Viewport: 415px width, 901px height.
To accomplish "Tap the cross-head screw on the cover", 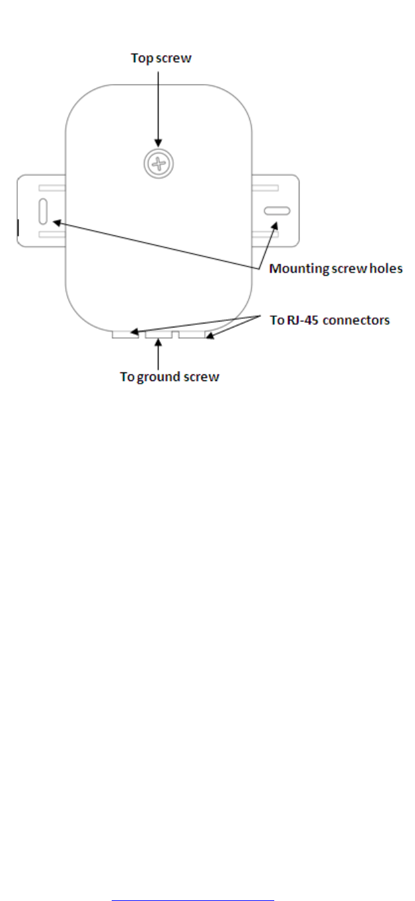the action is pyautogui.click(x=158, y=161).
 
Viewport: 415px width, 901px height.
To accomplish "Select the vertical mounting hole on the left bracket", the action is pyautogui.click(x=43, y=211).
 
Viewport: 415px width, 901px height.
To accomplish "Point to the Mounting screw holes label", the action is pyautogui.click(x=336, y=269).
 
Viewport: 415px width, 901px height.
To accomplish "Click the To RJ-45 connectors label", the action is pyautogui.click(x=330, y=320).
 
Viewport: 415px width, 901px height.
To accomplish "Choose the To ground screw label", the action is pyautogui.click(x=169, y=377).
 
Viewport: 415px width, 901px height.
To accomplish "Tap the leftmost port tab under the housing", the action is pyautogui.click(x=124, y=335).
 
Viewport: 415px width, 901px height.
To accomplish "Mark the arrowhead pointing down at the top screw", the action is pyautogui.click(x=158, y=142).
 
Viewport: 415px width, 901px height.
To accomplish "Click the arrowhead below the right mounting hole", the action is pyautogui.click(x=274, y=227).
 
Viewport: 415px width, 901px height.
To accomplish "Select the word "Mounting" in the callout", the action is pyautogui.click(x=295, y=269).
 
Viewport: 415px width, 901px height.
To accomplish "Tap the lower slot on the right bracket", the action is pyautogui.click(x=275, y=234).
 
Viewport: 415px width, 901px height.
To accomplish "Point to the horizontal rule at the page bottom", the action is pyautogui.click(x=192, y=881).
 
